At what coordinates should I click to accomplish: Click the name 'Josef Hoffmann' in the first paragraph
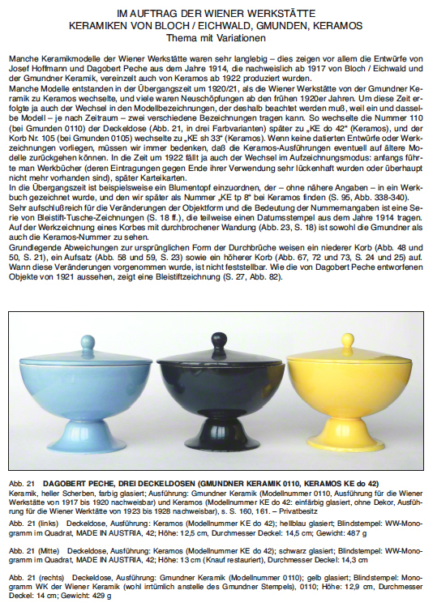(30, 70)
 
